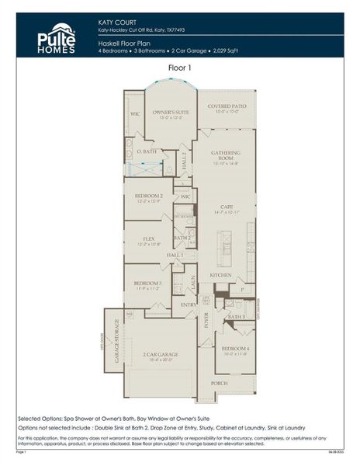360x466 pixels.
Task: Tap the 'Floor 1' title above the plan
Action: pyautogui.click(x=179, y=68)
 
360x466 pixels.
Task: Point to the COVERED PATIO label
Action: pyautogui.click(x=226, y=106)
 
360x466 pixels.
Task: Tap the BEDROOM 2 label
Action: pyautogui.click(x=148, y=196)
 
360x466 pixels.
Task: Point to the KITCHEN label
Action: pyautogui.click(x=220, y=275)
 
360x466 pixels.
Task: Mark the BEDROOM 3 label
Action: pyautogui.click(x=147, y=283)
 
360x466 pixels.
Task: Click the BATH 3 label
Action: pyautogui.click(x=236, y=317)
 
